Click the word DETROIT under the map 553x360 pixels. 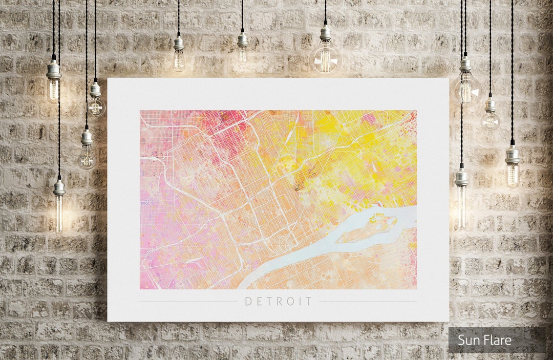278,302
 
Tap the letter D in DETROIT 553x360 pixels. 248,302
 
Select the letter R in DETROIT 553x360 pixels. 280,302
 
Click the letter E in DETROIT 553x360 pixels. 259,302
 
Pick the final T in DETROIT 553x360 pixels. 308,302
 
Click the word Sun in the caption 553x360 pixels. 468,340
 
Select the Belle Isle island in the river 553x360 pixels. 369,228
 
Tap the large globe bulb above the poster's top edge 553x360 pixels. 325,59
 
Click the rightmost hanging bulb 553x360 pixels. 512,172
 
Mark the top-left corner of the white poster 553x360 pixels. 108,78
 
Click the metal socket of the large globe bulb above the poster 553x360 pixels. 325,34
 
